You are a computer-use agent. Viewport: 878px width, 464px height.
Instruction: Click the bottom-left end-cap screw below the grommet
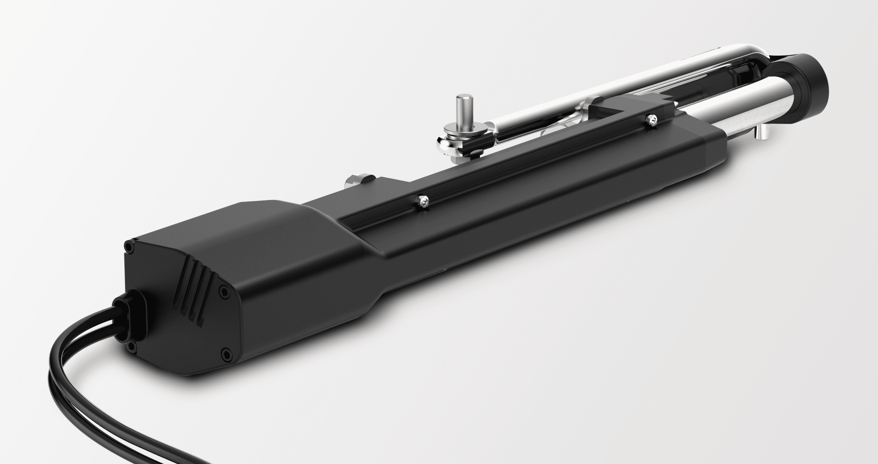131,347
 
